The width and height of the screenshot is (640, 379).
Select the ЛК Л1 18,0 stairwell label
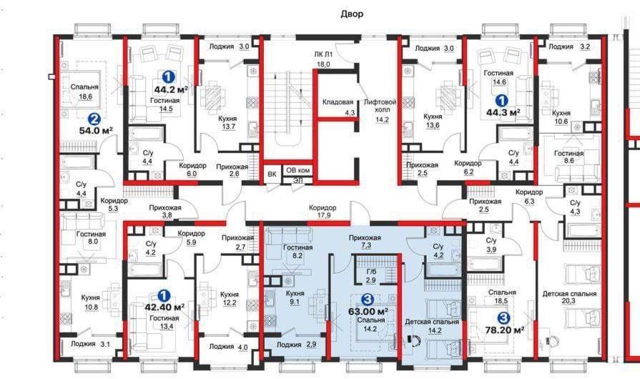[x=324, y=59]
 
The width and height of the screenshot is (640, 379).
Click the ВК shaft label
[x=272, y=173]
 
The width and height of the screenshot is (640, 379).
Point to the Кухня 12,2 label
[x=230, y=298]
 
